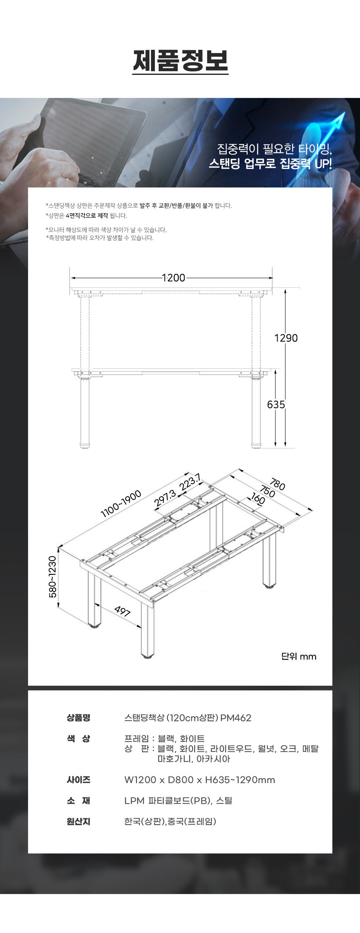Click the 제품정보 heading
[x=180, y=61]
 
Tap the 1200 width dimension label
[x=173, y=278]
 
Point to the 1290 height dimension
[x=286, y=338]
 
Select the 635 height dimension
[x=276, y=405]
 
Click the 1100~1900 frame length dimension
[x=121, y=504]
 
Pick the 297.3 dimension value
[x=165, y=499]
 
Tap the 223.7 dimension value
[x=190, y=482]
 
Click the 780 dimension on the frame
[x=278, y=484]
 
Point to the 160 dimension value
[x=258, y=500]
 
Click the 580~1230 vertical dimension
[x=53, y=577]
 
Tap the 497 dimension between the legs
[x=123, y=611]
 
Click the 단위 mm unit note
[x=299, y=656]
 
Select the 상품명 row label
[x=78, y=718]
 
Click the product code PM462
[x=236, y=718]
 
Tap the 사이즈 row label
[x=78, y=780]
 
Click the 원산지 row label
[x=78, y=821]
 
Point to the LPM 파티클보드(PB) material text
[x=168, y=800]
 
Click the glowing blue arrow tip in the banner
[x=344, y=113]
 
